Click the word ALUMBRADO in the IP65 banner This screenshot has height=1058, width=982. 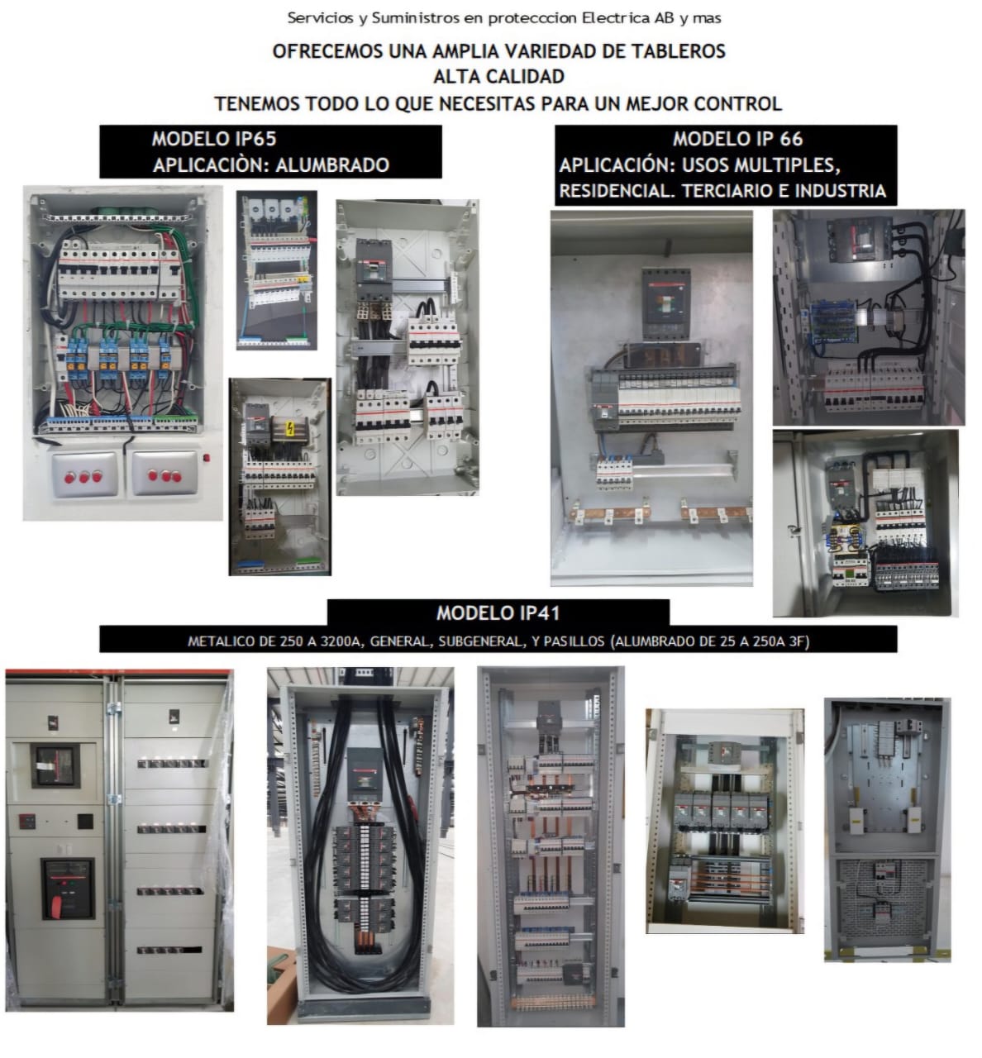click(331, 164)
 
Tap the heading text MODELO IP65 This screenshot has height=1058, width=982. click(213, 139)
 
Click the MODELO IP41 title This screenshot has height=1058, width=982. click(498, 612)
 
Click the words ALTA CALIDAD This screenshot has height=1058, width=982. click(498, 77)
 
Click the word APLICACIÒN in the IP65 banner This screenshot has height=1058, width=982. click(209, 164)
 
